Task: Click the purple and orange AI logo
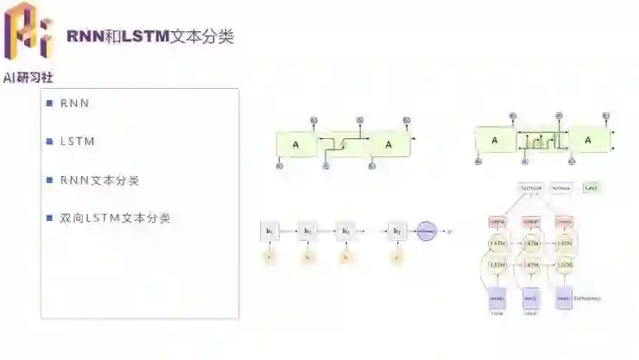pos(28,31)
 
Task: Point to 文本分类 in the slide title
pos(201,36)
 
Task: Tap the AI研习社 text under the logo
pos(28,78)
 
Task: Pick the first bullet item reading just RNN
pos(74,104)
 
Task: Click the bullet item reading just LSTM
pos(78,142)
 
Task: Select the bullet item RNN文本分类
pos(99,180)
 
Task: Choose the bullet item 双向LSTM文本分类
pos(115,218)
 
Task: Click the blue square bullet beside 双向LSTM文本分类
pos(50,218)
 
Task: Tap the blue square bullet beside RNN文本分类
pos(50,180)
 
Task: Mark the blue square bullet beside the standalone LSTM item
pos(50,142)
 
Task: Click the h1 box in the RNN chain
pos(269,231)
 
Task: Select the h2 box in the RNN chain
pos(307,231)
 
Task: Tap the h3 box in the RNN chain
pos(346,231)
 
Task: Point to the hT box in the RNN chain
pos(397,231)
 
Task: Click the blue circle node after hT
pos(427,231)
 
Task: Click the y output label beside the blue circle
pos(451,231)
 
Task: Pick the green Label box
pos(592,187)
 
